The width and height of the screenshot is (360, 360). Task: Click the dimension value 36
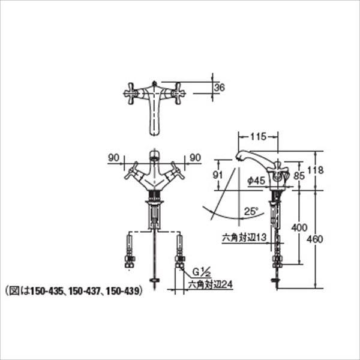[220, 88]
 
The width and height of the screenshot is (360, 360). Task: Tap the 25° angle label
[251, 211]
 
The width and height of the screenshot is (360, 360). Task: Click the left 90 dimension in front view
[113, 158]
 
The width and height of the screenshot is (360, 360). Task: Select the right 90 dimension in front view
[194, 158]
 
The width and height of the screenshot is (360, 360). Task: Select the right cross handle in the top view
[178, 93]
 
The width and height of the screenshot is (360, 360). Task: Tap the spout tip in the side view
[239, 157]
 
